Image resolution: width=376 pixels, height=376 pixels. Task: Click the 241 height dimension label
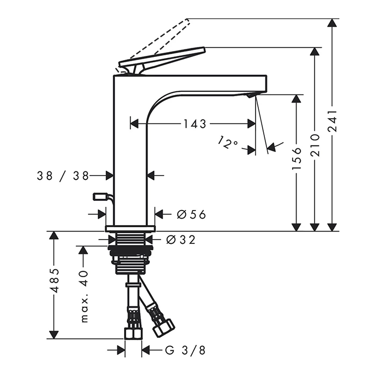coord(332,121)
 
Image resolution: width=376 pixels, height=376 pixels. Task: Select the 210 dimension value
coord(315,146)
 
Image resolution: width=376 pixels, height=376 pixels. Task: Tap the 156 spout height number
coord(297,159)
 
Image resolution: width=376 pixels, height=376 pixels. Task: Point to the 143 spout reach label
coord(194,124)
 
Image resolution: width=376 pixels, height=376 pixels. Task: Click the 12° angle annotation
coord(228,142)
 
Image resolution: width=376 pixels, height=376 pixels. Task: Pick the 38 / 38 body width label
coord(63,176)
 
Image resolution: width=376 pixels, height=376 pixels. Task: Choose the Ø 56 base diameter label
coord(191,214)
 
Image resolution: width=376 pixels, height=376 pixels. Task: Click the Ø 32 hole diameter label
coord(181,240)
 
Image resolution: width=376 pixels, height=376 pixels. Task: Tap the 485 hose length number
coord(55,280)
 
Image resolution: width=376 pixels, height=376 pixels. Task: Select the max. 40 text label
coord(84,297)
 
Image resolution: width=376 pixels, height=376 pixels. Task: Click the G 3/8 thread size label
coord(185,350)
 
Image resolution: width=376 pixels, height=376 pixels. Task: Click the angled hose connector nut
coord(164,328)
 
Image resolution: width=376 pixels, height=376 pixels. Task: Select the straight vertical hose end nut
coord(133,334)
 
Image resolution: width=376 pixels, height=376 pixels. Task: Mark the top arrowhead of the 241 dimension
coord(332,23)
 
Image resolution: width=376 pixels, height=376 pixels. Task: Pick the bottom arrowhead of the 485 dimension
coord(54,335)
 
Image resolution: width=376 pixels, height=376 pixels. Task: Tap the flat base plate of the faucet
coord(130,228)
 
